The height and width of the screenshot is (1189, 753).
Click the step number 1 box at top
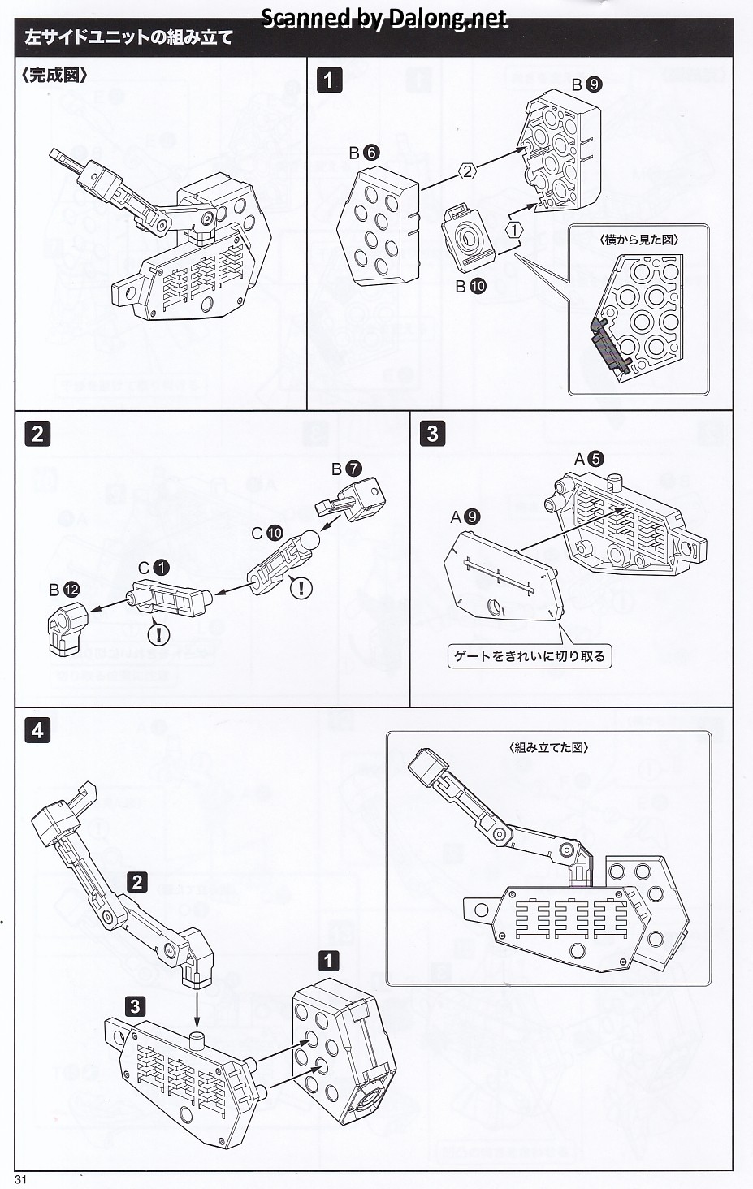329,80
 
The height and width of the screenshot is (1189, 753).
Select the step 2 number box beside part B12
37,433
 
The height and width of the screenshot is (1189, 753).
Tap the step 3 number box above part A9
432,433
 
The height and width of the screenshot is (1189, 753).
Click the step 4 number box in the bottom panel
37,730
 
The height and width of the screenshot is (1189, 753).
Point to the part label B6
364,152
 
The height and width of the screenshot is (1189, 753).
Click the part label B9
586,84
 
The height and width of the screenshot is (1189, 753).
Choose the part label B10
470,285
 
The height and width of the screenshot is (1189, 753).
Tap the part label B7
346,469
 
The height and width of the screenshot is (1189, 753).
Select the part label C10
266,533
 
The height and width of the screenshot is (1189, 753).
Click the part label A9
465,517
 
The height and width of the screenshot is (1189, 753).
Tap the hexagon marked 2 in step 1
466,171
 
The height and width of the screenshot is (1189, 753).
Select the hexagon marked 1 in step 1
513,230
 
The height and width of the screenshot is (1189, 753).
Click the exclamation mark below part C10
301,587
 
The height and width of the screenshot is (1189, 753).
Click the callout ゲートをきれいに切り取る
530,656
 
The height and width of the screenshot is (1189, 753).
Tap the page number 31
21,1180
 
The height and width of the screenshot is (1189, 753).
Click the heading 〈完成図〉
54,75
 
